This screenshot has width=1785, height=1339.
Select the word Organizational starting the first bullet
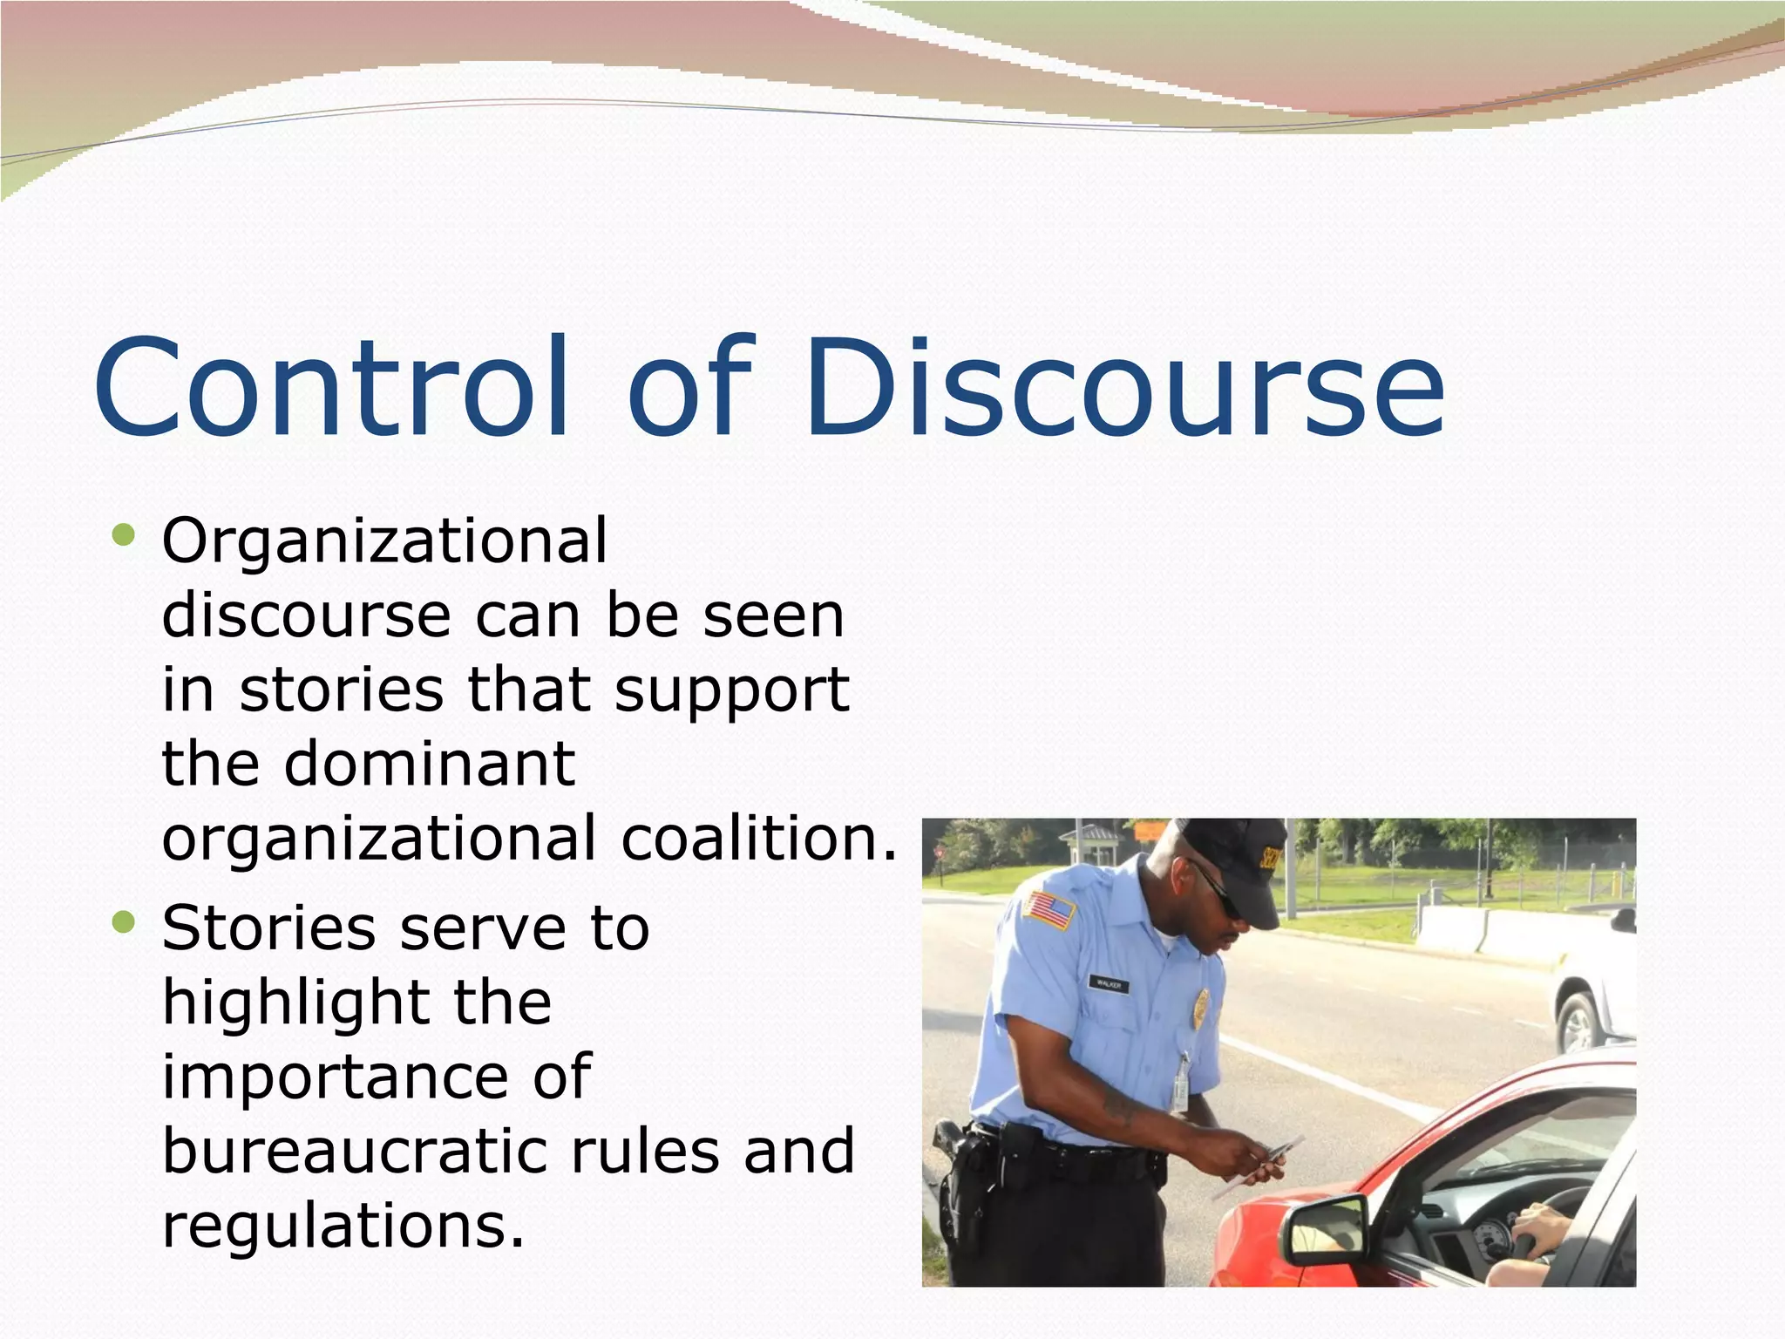(x=384, y=542)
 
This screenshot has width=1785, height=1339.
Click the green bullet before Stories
(x=124, y=921)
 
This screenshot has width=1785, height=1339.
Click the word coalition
(x=758, y=838)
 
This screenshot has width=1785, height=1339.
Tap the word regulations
(x=343, y=1226)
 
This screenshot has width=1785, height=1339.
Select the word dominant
(x=430, y=764)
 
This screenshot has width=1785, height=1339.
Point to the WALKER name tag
(x=1109, y=984)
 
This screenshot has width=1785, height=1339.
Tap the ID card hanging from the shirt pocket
(x=1181, y=1085)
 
